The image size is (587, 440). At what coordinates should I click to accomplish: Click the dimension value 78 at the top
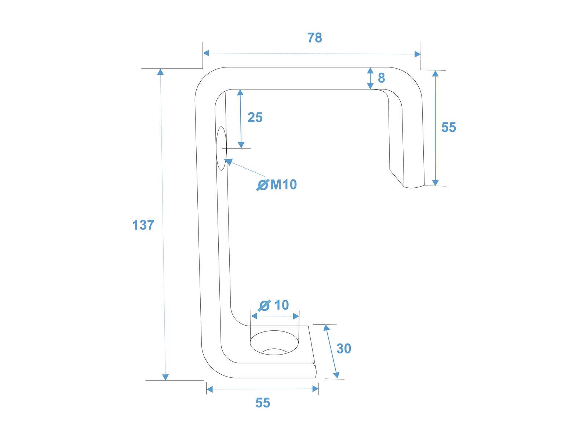(x=314, y=38)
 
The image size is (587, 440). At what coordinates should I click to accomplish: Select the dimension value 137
(x=143, y=225)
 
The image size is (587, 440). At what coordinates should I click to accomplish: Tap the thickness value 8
(x=381, y=78)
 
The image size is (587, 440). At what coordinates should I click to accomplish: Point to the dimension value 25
(x=255, y=117)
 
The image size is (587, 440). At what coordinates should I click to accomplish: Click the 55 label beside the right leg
(x=448, y=127)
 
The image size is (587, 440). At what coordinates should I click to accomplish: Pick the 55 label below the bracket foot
(x=263, y=403)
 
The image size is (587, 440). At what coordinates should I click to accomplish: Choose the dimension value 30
(x=344, y=349)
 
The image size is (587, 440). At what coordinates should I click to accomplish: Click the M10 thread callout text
(x=284, y=184)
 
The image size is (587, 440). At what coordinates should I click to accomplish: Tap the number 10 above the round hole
(x=282, y=305)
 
